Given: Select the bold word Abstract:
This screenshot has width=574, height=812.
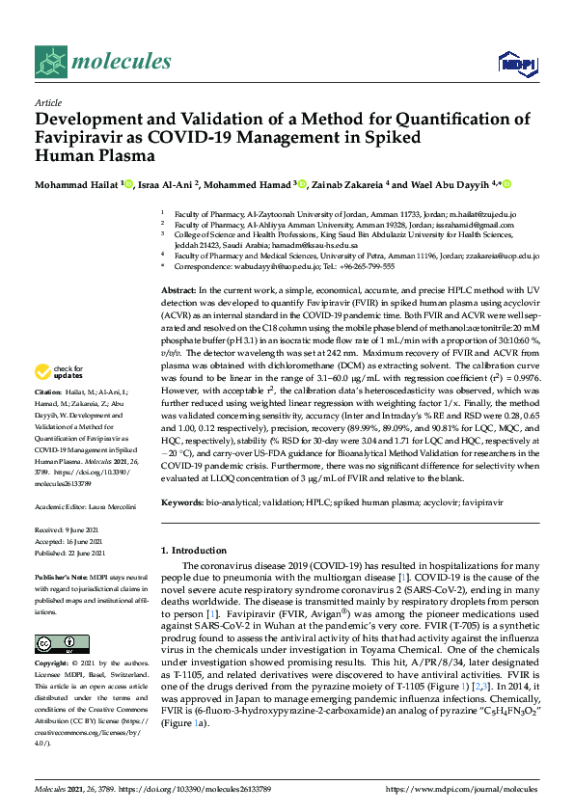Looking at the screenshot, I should [x=178, y=289].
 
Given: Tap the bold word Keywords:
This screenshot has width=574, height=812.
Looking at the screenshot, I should [x=183, y=503].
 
